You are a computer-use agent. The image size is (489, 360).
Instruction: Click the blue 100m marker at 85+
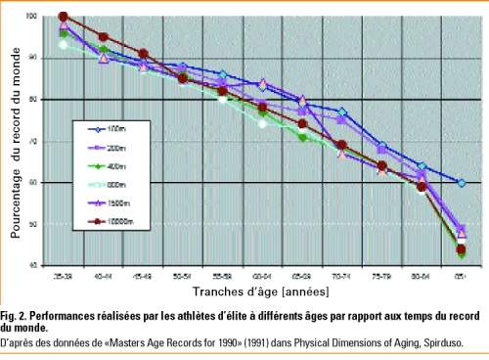(462, 183)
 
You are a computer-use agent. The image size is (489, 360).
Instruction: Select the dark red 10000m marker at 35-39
(63, 17)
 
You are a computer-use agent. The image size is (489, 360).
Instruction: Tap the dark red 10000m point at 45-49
(143, 54)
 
